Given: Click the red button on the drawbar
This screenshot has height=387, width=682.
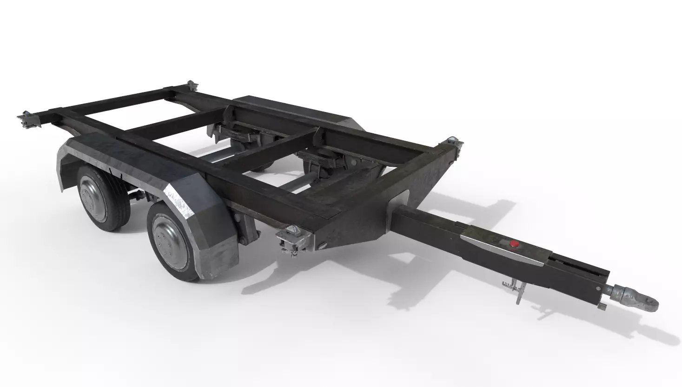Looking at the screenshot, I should click(514, 244).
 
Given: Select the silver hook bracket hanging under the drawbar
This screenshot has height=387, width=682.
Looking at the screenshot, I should click(516, 288).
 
